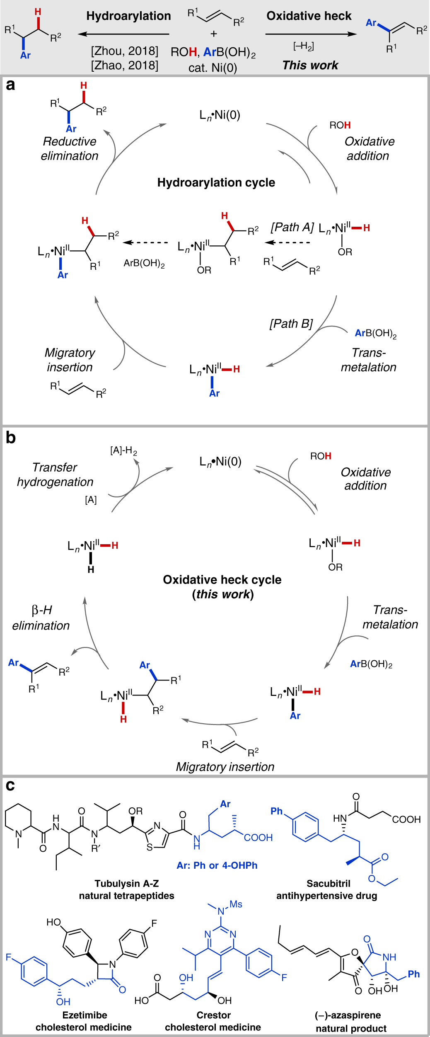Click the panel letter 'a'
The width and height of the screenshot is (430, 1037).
click(10, 85)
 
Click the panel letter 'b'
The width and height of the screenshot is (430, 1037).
click(10, 438)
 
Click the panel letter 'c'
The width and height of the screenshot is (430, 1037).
click(10, 785)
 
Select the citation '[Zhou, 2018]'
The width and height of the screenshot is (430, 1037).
click(124, 51)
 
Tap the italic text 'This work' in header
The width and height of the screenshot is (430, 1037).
click(310, 65)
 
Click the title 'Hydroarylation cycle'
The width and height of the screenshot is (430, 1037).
click(216, 183)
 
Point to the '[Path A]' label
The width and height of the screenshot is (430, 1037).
click(292, 228)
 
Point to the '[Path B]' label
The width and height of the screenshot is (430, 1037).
click(291, 324)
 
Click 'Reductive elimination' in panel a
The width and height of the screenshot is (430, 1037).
click(70, 149)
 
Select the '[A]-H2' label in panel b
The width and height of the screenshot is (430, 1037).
click(123, 451)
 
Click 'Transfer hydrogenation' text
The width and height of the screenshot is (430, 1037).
click(55, 475)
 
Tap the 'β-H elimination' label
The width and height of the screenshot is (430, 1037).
click(41, 618)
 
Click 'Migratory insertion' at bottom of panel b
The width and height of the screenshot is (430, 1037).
click(225, 767)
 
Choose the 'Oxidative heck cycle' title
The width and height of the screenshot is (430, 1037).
click(222, 580)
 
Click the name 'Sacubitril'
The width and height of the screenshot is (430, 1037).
click(328, 884)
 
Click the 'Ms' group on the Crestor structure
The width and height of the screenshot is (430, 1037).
click(236, 904)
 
